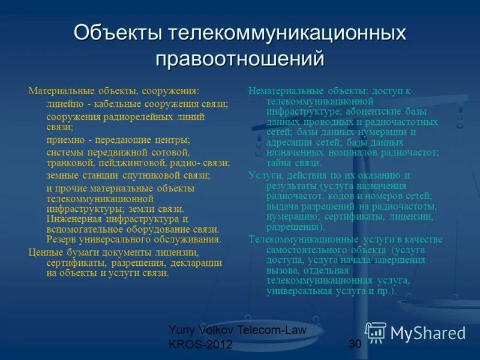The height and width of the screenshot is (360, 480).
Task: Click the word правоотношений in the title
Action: pyautogui.click(x=240, y=59)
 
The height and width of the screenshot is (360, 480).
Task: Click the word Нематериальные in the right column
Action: pyautogui.click(x=286, y=91)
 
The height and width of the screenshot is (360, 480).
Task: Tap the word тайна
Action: pyautogui.click(x=279, y=163)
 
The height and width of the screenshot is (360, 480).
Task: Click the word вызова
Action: pyautogui.click(x=282, y=270)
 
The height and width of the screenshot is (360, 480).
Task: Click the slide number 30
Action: pyautogui.click(x=354, y=343)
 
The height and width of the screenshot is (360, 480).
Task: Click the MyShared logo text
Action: pyautogui.click(x=427, y=333)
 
